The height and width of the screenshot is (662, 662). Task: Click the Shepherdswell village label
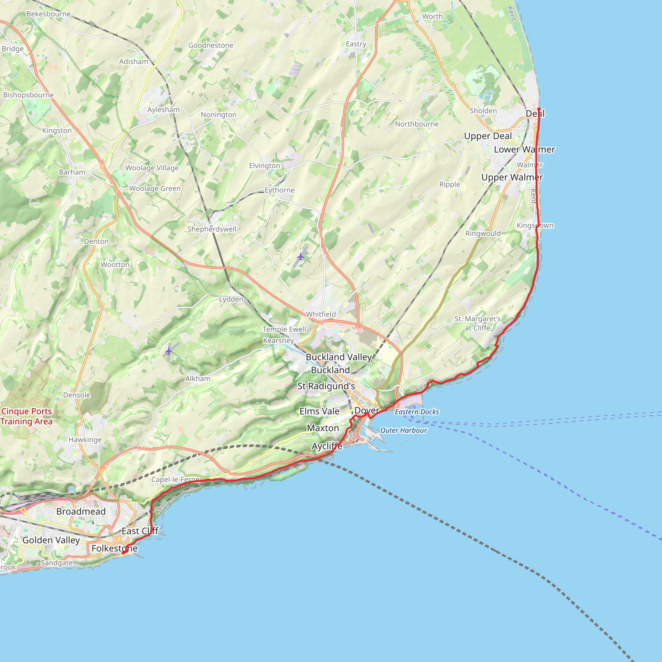point(212,229)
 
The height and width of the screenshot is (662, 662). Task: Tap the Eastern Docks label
point(417,412)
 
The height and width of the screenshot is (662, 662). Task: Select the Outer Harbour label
point(403,430)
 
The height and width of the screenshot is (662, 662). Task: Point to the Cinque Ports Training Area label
point(27,416)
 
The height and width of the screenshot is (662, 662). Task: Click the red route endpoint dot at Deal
point(539,109)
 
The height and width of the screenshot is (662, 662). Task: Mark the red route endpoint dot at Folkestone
point(123,553)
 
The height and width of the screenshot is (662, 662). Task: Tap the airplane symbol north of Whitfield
point(301,256)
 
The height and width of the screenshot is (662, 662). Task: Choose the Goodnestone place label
point(211,45)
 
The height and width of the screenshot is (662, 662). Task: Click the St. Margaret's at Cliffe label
point(477,323)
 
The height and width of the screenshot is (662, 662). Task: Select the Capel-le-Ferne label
point(175,479)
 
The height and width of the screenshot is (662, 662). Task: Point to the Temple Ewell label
point(284,329)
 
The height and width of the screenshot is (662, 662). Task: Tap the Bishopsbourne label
point(28,95)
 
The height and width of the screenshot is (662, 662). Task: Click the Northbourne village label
point(417,124)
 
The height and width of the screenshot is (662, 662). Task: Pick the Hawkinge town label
point(85,440)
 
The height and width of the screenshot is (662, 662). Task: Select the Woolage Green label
point(155,188)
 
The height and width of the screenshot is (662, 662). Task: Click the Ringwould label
point(483,233)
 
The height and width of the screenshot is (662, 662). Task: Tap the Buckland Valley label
point(338,357)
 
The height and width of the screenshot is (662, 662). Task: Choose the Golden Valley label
point(51,540)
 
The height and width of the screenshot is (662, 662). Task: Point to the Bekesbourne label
point(49,14)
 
